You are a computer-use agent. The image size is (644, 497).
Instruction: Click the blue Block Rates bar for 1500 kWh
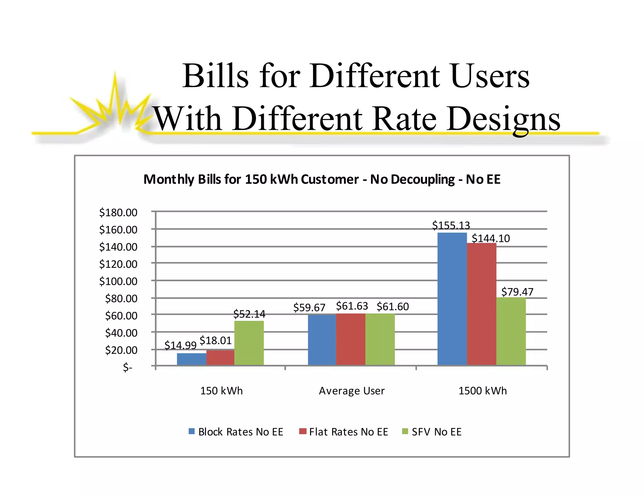click(452, 298)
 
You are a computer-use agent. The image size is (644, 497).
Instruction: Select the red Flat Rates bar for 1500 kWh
click(481, 304)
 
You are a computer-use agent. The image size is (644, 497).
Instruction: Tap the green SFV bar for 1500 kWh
click(511, 331)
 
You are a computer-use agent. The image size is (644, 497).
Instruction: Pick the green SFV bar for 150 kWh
click(249, 343)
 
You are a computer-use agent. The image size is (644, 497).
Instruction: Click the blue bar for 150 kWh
click(192, 359)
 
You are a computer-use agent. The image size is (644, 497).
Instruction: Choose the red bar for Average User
click(350, 339)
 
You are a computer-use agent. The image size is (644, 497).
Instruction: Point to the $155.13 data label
click(451, 225)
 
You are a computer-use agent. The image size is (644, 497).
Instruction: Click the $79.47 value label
click(517, 292)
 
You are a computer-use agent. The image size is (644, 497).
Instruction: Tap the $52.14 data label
click(249, 314)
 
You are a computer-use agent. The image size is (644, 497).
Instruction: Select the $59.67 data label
click(309, 307)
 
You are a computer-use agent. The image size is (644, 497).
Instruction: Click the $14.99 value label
click(180, 345)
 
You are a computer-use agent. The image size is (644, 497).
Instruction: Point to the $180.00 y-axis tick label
click(118, 213)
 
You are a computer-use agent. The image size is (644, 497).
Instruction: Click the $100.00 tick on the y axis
click(118, 281)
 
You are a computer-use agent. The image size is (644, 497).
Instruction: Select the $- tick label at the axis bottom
click(127, 367)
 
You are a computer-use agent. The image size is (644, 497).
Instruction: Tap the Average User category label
click(352, 391)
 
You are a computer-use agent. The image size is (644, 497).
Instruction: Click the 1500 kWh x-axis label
click(482, 391)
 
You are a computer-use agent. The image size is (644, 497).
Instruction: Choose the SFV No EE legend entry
click(432, 432)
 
